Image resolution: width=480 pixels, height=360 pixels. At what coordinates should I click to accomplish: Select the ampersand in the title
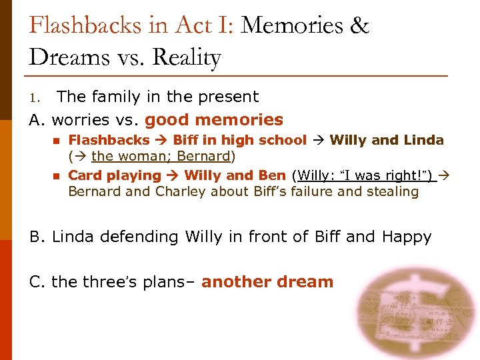tap(359, 26)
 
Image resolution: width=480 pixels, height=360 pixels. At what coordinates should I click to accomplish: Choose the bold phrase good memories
tap(213, 120)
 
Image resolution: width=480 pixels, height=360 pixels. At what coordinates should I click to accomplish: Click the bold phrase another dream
tap(267, 282)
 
